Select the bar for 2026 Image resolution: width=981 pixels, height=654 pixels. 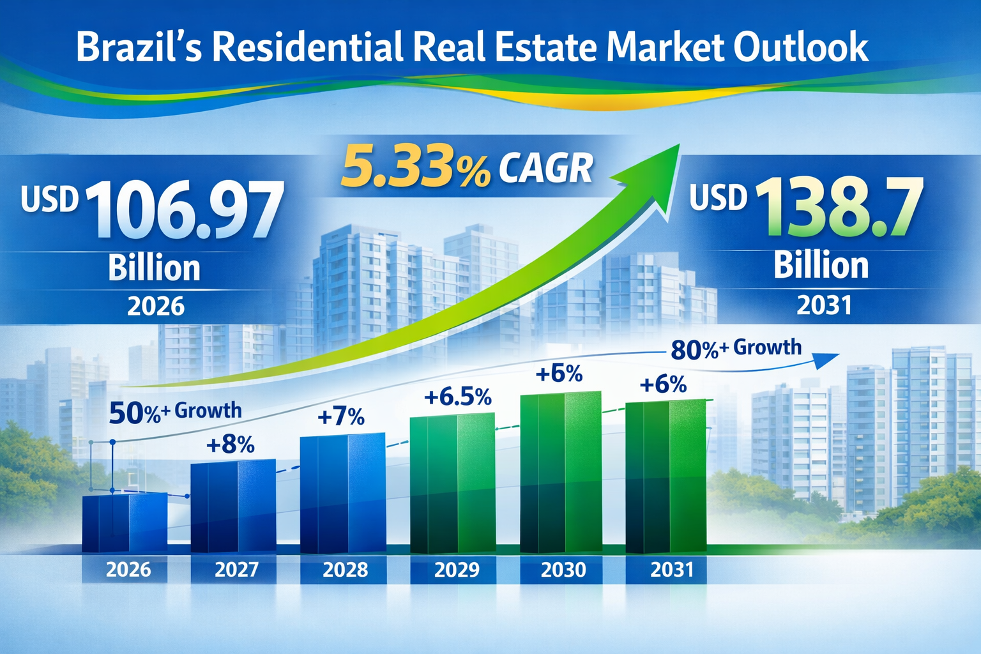point(125,522)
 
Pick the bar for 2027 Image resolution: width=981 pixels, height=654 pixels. point(233,506)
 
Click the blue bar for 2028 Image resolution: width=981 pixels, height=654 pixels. point(342,493)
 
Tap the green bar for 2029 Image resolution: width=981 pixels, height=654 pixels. point(452,483)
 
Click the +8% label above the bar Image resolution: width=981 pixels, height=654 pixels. point(231,445)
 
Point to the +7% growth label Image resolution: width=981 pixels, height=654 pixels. point(341,417)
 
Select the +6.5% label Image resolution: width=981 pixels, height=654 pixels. point(457,397)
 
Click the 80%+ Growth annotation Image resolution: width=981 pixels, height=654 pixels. point(736,349)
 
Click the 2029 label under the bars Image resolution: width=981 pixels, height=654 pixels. point(456,570)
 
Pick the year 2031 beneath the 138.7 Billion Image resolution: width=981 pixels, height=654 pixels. point(824,305)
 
